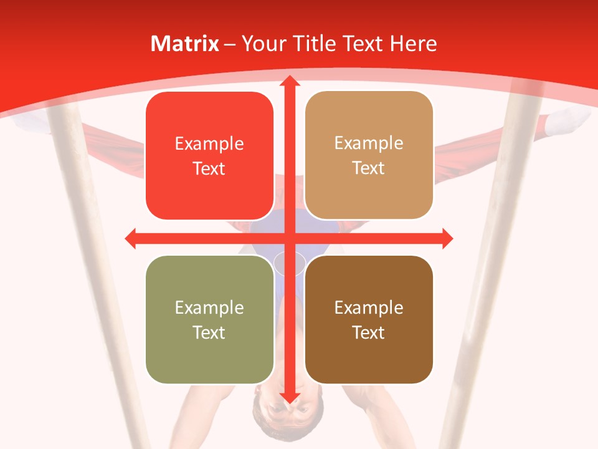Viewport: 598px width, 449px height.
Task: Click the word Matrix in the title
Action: pos(185,44)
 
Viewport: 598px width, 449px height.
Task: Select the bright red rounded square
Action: pos(209,156)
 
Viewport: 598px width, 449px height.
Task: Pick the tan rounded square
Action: pos(369,155)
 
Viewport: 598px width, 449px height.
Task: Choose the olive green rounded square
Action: pos(209,319)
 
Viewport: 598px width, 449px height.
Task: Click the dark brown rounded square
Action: pos(369,319)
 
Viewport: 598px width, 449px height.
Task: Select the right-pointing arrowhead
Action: pos(447,238)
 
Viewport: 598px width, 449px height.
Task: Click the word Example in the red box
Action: pos(209,144)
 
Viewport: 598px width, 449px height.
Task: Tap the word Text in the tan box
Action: pos(369,168)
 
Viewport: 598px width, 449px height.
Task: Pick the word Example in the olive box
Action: pos(209,307)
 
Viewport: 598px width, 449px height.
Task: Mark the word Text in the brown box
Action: pos(369,332)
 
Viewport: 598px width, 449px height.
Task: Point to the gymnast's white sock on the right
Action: pos(567,121)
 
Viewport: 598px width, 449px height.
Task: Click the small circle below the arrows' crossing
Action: pos(290,263)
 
